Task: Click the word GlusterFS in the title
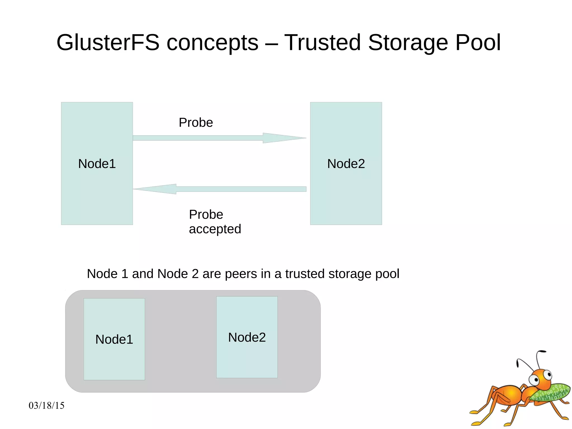[108, 42]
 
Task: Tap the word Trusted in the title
[322, 42]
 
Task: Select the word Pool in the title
[478, 42]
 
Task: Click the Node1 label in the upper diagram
[97, 163]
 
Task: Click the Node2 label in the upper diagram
[346, 163]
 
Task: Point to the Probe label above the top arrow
[196, 122]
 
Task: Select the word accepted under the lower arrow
[215, 229]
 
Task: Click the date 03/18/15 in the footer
[46, 405]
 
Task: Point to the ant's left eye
[535, 380]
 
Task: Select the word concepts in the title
[212, 42]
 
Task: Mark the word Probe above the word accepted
[206, 215]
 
